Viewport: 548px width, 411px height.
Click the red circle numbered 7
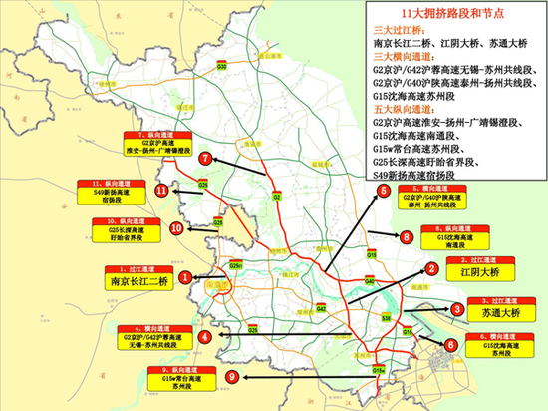204,158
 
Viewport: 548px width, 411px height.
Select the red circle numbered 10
176,228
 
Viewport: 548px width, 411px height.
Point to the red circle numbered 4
203,337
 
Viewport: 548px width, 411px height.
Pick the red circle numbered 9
232,376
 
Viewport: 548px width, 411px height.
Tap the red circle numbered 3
455,310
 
